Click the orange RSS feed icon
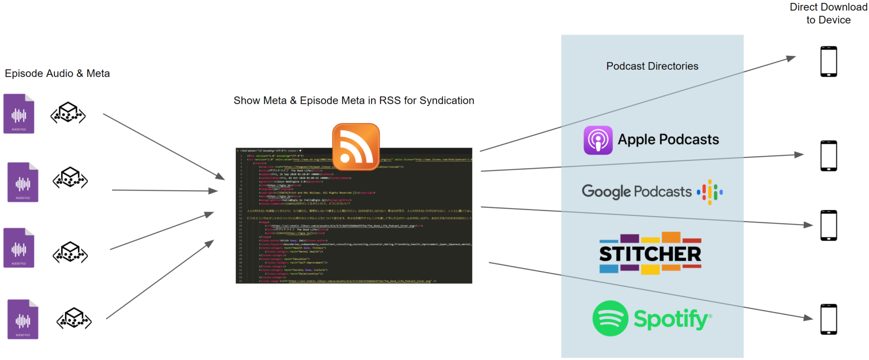pos(356,146)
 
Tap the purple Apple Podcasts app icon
pos(598,140)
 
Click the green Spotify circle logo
pos(610,318)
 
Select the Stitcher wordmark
pos(650,254)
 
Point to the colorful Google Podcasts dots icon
pos(709,192)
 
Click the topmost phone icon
pos(829,62)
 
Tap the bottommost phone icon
pos(829,319)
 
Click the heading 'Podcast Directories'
pos(652,66)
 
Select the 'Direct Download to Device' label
pos(828,14)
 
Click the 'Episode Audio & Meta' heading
pos(57,73)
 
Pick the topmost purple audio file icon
pos(19,114)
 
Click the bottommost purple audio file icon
pos(23,319)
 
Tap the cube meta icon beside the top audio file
pos(68,113)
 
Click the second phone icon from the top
pos(829,156)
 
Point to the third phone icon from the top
pos(829,226)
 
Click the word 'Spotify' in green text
pos(671,319)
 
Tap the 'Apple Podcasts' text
pos(668,139)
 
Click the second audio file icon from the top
pos(23,182)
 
